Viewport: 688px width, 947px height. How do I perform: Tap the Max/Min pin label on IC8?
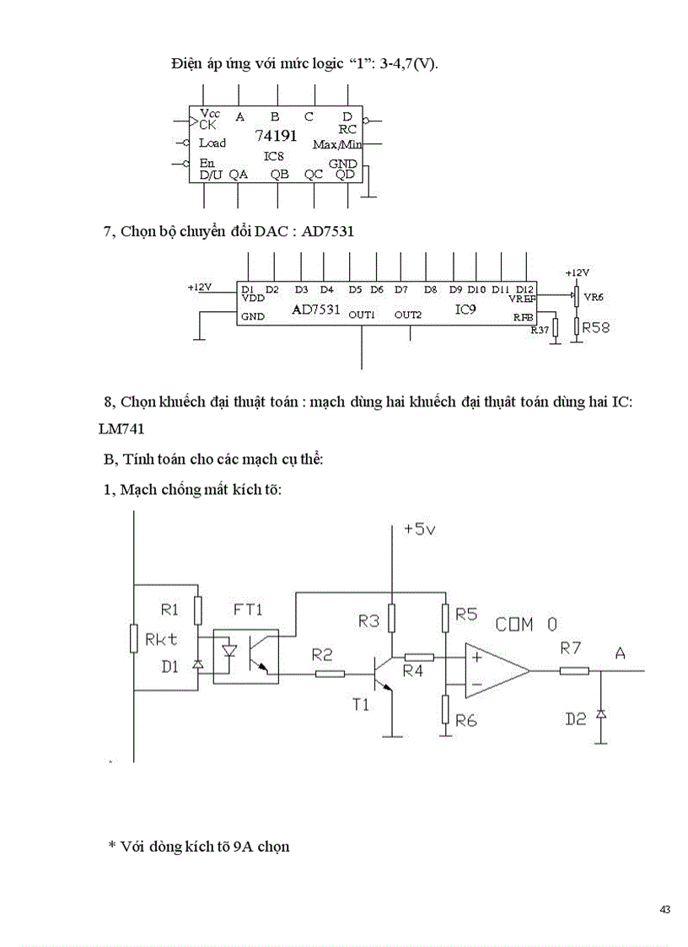click(x=336, y=145)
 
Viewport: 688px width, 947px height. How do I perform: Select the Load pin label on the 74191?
click(x=212, y=143)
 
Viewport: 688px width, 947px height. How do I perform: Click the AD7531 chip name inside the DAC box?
click(x=315, y=309)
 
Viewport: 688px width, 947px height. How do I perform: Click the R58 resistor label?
click(x=595, y=327)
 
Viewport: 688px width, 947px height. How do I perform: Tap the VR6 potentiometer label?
click(x=594, y=298)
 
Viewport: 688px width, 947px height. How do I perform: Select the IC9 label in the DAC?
click(x=465, y=309)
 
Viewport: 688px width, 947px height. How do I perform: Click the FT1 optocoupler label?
click(x=247, y=609)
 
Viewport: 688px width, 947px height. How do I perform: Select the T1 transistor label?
click(x=360, y=705)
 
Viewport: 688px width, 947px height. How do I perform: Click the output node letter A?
click(x=621, y=651)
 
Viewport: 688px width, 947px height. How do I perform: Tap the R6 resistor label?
click(x=466, y=720)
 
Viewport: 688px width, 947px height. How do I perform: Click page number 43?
click(x=665, y=909)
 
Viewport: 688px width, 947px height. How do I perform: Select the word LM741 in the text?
click(x=122, y=429)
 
